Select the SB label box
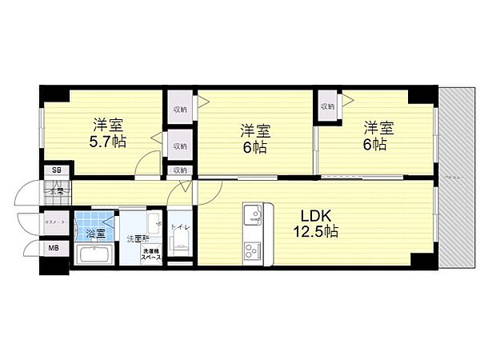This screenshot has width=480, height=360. point(56,170)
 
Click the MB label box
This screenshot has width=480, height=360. point(54,247)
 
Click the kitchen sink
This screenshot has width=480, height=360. point(253,214)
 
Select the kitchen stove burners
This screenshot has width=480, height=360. point(253,247)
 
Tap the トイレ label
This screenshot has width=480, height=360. point(182,227)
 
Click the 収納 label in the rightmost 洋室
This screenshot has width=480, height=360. point(328,106)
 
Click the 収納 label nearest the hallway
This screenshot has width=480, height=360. point(180,170)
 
